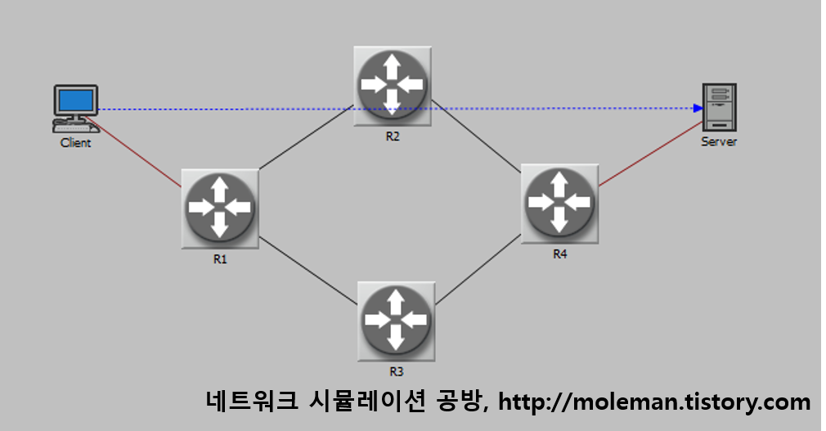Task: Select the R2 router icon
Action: tap(393, 85)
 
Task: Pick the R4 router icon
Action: tap(559, 202)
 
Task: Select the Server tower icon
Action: tap(720, 107)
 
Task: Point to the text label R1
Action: tap(220, 259)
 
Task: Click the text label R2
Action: tap(393, 137)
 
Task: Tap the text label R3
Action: tap(396, 371)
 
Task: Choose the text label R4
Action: tap(559, 254)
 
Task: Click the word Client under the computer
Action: tap(75, 143)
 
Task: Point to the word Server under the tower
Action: tap(719, 141)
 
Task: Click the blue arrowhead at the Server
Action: tap(698, 108)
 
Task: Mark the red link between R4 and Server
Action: tap(650, 155)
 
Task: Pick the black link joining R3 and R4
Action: tap(479, 271)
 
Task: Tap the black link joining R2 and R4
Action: tap(476, 136)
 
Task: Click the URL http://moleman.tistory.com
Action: tap(654, 402)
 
